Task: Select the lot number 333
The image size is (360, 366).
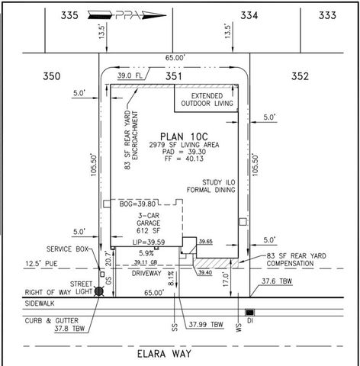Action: (x=328, y=14)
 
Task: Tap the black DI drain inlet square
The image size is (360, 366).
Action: (x=249, y=313)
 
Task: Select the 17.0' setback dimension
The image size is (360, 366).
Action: (x=233, y=279)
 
